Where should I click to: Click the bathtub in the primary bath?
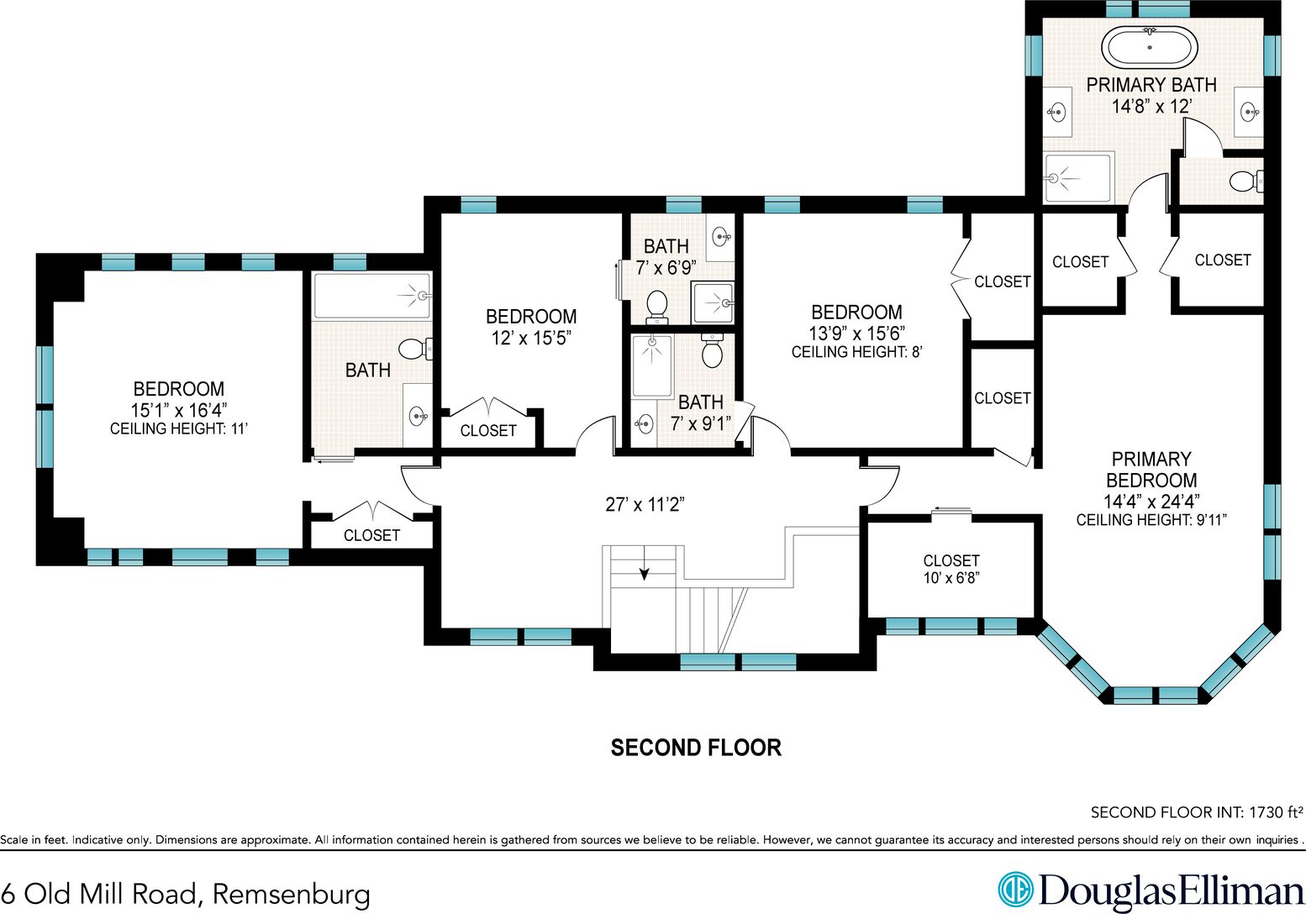click(x=1149, y=47)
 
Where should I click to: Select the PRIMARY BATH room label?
click(x=1151, y=85)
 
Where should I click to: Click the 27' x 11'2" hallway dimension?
click(x=645, y=504)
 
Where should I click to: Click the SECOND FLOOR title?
click(x=696, y=748)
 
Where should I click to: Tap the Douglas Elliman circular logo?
click(x=1015, y=890)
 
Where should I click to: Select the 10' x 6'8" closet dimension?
click(x=951, y=578)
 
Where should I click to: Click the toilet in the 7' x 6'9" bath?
click(x=657, y=307)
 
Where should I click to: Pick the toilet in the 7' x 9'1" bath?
click(x=712, y=349)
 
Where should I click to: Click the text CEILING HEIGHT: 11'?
click(x=178, y=429)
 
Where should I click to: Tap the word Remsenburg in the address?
click(x=291, y=893)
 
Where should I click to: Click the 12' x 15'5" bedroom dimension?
click(x=530, y=338)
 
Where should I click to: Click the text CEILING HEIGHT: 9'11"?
click(x=1151, y=520)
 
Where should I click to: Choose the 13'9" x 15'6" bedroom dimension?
click(x=856, y=333)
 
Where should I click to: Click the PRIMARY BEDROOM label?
click(x=1151, y=470)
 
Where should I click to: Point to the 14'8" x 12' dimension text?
click(x=1151, y=107)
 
